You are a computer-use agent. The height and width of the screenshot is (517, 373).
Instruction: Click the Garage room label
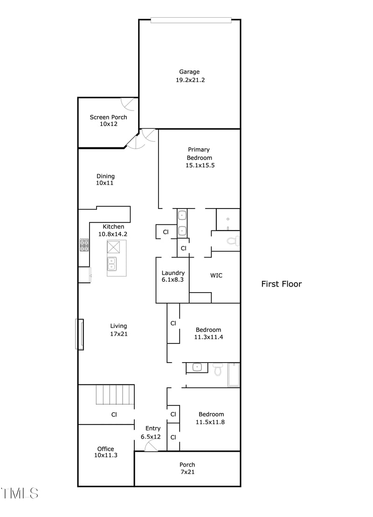[x=189, y=76]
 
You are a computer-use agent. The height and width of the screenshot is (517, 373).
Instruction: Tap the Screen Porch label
[x=108, y=121]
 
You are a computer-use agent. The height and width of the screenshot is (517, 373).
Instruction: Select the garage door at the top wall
[x=191, y=20]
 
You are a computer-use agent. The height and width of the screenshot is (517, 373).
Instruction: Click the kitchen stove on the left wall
[x=84, y=245]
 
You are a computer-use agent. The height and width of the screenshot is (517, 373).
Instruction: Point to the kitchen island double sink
[x=112, y=264]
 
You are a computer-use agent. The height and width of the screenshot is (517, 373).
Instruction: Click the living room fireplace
[x=80, y=334]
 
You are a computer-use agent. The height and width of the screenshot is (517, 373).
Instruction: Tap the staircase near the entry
[x=115, y=395]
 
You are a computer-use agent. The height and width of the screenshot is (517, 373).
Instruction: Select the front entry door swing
[x=151, y=446]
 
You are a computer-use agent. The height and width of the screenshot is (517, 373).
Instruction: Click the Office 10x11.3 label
[x=105, y=452]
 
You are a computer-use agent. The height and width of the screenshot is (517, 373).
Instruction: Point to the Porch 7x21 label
[x=187, y=468]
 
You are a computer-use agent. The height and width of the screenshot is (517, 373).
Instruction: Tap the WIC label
[x=216, y=275]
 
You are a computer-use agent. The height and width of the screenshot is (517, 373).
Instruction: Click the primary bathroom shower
[x=228, y=219]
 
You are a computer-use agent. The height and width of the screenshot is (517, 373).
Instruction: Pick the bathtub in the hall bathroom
[x=234, y=375]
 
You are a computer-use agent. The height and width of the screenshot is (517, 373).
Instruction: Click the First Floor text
[x=281, y=284]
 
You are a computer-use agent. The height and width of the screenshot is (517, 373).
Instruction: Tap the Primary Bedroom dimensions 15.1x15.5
[x=200, y=165]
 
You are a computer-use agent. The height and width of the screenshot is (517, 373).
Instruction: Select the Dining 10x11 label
[x=105, y=180]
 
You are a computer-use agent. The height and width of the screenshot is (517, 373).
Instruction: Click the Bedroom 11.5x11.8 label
[x=211, y=418]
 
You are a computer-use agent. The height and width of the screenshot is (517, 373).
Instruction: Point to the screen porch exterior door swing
[x=128, y=104]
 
